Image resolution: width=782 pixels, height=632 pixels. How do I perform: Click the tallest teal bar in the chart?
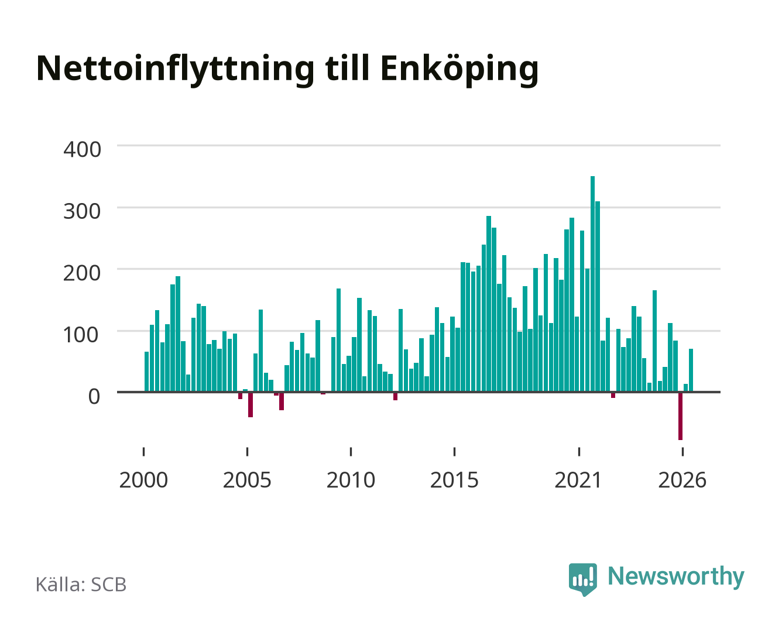pyautogui.click(x=592, y=284)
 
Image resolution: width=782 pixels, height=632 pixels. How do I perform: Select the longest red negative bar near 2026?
pyautogui.click(x=680, y=416)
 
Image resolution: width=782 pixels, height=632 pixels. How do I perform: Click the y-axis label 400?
pyautogui.click(x=82, y=149)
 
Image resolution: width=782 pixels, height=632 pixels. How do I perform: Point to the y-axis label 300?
pyautogui.click(x=82, y=211)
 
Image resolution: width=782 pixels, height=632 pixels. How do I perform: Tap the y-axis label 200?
pyautogui.click(x=82, y=273)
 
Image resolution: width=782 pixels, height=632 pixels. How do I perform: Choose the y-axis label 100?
pyautogui.click(x=81, y=335)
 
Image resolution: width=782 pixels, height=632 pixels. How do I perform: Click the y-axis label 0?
pyautogui.click(x=94, y=396)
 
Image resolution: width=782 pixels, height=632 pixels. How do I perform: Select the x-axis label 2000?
pyautogui.click(x=143, y=480)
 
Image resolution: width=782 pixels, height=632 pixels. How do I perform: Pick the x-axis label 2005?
pyautogui.click(x=247, y=480)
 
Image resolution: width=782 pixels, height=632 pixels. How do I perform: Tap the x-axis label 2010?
pyautogui.click(x=351, y=480)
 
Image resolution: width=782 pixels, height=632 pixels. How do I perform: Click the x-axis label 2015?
pyautogui.click(x=454, y=480)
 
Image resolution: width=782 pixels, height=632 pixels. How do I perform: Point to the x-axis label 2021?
pyautogui.click(x=578, y=480)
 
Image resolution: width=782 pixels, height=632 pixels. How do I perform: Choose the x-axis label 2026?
pyautogui.click(x=682, y=480)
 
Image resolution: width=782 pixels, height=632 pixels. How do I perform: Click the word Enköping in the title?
pyautogui.click(x=459, y=70)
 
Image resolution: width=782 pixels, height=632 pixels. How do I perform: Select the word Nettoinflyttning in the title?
pyautogui.click(x=175, y=70)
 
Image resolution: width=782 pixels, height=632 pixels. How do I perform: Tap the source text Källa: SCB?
pyautogui.click(x=81, y=584)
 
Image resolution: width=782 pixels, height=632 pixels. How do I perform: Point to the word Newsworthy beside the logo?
pyautogui.click(x=676, y=576)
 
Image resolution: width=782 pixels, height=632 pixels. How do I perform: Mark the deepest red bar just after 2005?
pyautogui.click(x=251, y=405)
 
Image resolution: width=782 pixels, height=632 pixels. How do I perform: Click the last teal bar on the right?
pyautogui.click(x=691, y=370)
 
